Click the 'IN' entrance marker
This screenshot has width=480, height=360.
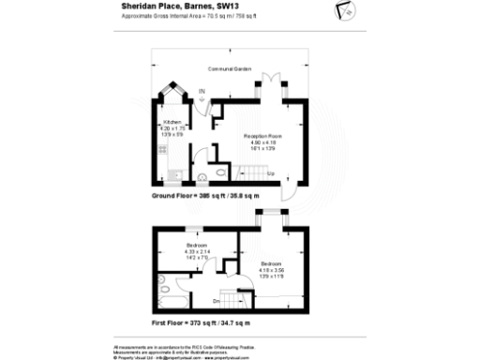202,92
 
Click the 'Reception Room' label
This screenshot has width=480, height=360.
263,136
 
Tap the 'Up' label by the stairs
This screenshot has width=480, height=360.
271,173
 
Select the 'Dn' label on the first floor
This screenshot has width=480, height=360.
217,300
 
